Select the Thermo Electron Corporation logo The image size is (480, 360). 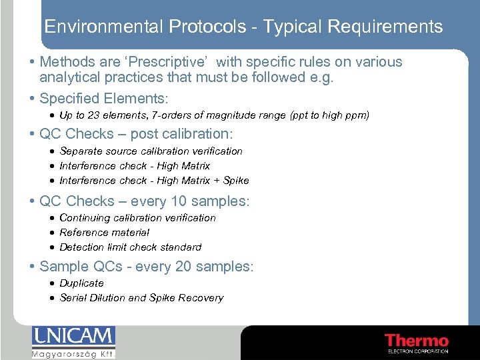tap(417, 342)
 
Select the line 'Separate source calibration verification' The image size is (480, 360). tap(151, 151)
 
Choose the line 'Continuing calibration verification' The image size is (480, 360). tap(137, 218)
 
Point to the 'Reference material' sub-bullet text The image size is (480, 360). tap(104, 233)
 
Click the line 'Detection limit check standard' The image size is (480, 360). tap(130, 247)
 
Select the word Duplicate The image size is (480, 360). tap(81, 283)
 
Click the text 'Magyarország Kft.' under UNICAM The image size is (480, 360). tap(73, 353)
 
